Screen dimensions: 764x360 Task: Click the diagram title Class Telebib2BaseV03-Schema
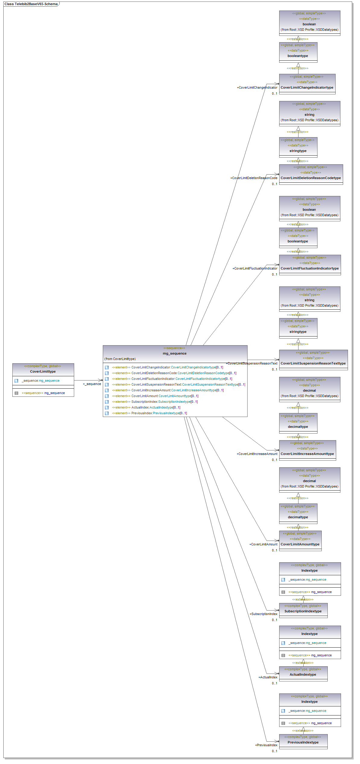point(31,4)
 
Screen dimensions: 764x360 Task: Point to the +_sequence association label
point(92,384)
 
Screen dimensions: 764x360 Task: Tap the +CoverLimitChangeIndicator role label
point(257,87)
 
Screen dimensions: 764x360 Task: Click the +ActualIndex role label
point(268,677)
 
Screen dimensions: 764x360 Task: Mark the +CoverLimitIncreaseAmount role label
point(257,454)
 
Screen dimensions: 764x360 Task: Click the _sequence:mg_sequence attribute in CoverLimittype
point(40,380)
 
